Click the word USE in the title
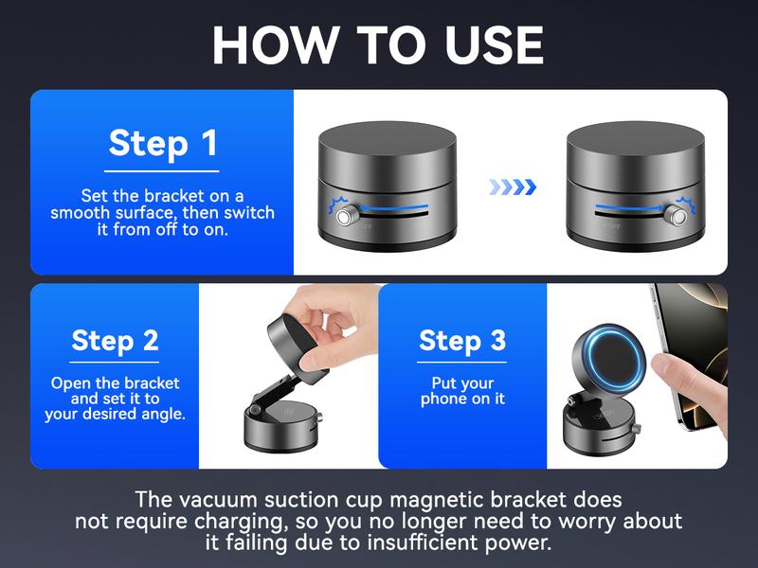click(494, 44)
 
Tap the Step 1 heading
click(163, 143)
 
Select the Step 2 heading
click(115, 341)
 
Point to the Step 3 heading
click(462, 341)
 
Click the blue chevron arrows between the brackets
click(513, 186)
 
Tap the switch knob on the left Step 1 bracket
click(345, 217)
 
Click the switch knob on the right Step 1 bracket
click(676, 216)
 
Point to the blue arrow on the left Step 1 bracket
click(393, 208)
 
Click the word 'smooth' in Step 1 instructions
click(81, 212)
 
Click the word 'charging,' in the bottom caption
click(239, 522)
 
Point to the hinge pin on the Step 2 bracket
click(255, 411)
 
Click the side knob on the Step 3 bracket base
click(636, 428)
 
